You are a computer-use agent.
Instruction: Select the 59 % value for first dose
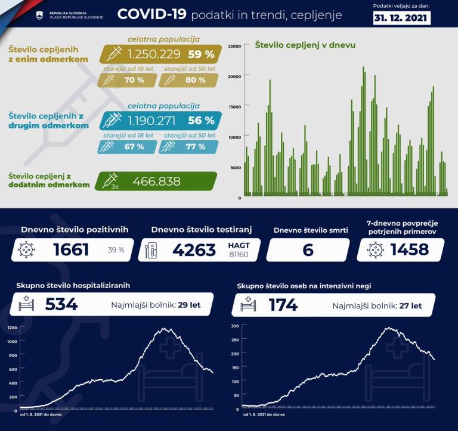point(202,54)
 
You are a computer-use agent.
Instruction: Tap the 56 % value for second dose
point(201,120)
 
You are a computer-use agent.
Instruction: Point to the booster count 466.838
point(156,182)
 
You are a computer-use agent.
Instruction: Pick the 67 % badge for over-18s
point(133,146)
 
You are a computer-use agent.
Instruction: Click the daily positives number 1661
point(71,250)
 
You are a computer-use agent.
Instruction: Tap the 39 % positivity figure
point(116,251)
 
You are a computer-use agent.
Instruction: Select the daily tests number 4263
point(194,250)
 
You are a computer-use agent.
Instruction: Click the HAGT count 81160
point(238,255)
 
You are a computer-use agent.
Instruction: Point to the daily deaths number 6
point(308,250)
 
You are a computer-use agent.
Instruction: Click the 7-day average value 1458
point(409,249)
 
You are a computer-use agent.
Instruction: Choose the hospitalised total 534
point(61,305)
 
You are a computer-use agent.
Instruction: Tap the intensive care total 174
point(283,305)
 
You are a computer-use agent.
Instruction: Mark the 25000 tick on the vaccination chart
point(234,46)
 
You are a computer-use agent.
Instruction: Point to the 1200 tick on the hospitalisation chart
point(12,328)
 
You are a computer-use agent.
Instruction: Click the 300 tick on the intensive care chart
point(234,326)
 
